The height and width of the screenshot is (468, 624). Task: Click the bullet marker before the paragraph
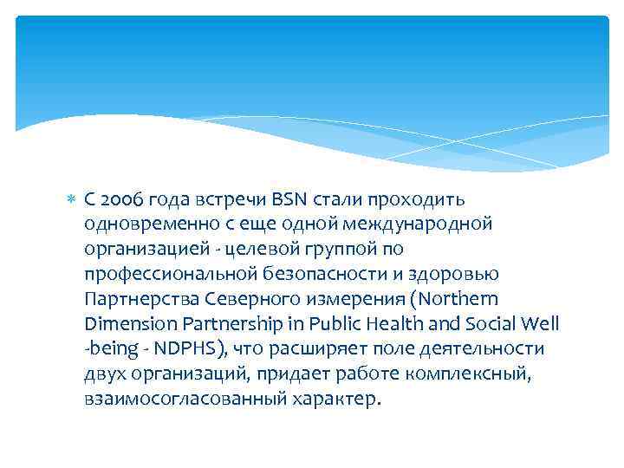point(72,200)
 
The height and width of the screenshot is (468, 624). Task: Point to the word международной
point(422,224)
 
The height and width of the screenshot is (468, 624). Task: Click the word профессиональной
point(163,275)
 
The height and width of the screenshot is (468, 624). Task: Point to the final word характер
point(333,400)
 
